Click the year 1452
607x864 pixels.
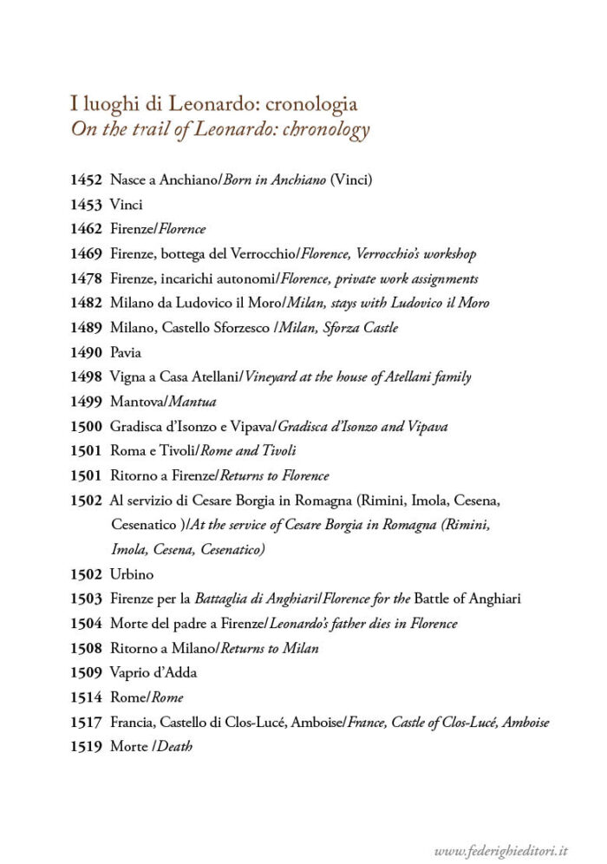click(86, 180)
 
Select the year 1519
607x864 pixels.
click(86, 746)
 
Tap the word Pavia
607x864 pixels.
click(127, 353)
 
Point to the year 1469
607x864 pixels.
click(86, 254)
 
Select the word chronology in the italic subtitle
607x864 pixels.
click(323, 130)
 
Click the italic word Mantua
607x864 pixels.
click(193, 402)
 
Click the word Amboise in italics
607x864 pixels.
click(525, 722)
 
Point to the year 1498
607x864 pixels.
click(86, 377)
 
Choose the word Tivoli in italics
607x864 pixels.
click(277, 451)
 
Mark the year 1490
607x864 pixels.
click(86, 353)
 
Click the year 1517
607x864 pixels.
click(86, 722)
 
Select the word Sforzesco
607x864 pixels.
click(227, 328)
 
